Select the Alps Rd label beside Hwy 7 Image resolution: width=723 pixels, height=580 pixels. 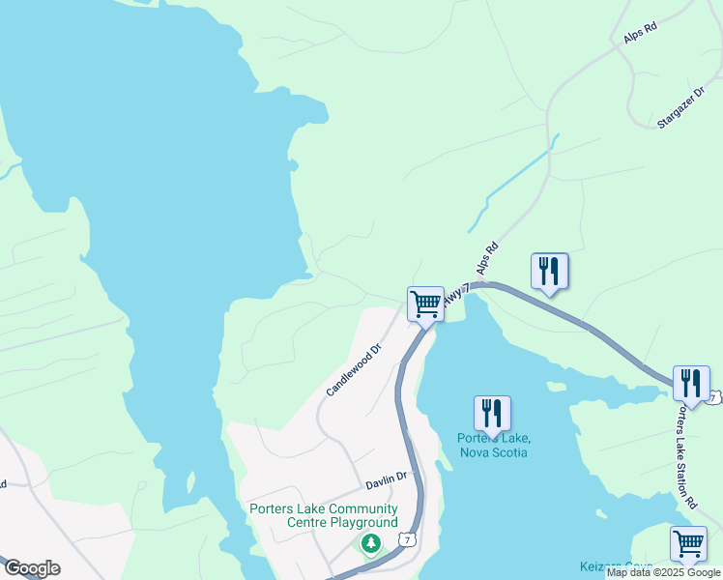click(x=486, y=258)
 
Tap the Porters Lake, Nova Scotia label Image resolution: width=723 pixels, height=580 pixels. click(x=493, y=445)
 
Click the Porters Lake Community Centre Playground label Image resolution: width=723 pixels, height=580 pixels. click(x=323, y=515)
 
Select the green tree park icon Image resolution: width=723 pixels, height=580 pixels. click(x=370, y=545)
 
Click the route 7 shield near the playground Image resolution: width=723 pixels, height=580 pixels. click(x=411, y=538)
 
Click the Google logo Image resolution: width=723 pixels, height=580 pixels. click(x=31, y=568)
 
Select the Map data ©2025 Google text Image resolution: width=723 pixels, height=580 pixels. click(x=664, y=573)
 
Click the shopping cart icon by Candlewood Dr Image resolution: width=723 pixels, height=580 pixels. click(x=425, y=304)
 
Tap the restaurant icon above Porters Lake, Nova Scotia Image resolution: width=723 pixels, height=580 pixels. click(x=492, y=413)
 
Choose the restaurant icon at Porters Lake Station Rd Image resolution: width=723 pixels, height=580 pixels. click(x=691, y=383)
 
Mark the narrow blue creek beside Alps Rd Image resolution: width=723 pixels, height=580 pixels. click(x=512, y=185)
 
